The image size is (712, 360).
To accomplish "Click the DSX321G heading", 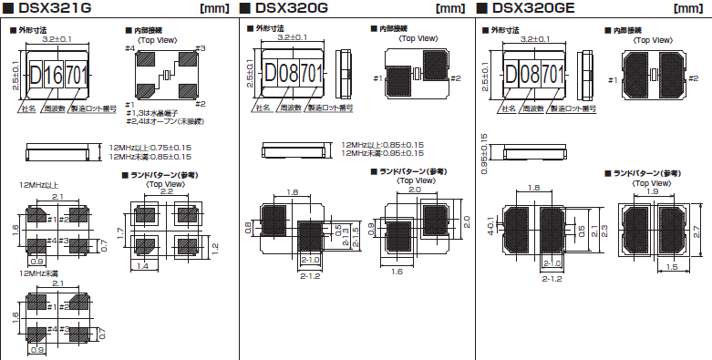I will (x=55, y=9).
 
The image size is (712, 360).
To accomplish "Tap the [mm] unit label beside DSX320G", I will (x=447, y=9).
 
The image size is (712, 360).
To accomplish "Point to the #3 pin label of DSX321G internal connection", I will (x=200, y=48).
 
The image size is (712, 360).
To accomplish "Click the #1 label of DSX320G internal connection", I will (x=377, y=78).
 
